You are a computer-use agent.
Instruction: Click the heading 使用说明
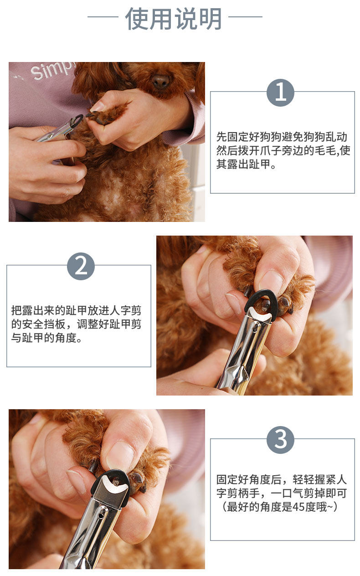tap(173, 19)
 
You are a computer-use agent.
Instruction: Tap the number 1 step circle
tap(280, 93)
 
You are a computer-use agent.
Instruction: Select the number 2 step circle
tap(81, 266)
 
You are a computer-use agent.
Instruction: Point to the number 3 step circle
tap(280, 440)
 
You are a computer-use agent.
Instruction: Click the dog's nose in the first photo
tap(161, 81)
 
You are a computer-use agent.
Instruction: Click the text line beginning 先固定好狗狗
tap(282, 137)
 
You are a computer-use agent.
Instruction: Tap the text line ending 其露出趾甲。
tap(246, 164)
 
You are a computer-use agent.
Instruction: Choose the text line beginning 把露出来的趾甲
tap(76, 311)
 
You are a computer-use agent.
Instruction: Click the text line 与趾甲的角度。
tap(46, 338)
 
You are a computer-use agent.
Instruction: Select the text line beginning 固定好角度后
tap(282, 479)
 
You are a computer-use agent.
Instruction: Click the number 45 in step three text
tap(298, 507)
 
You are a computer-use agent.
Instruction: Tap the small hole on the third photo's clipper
tap(101, 516)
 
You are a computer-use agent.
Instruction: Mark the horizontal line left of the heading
tap(103, 17)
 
